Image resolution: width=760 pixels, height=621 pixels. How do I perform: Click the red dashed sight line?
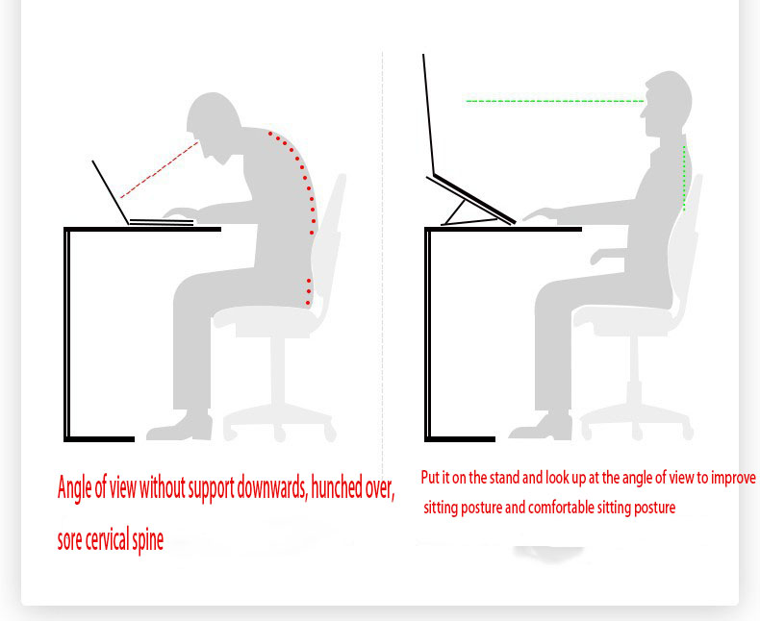pos(160,169)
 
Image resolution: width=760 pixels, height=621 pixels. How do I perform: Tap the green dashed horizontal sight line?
pos(555,101)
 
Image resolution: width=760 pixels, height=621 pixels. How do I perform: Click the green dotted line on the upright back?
pos(684,178)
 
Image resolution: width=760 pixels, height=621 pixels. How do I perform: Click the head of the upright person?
pos(667,103)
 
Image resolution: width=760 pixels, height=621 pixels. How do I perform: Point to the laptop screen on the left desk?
pos(111,192)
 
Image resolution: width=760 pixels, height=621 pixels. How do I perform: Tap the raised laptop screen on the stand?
pos(428,114)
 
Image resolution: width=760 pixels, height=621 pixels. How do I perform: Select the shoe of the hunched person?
pos(180,426)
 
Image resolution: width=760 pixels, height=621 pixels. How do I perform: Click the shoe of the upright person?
pos(541,427)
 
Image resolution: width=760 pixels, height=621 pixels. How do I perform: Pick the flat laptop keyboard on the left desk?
pos(162,222)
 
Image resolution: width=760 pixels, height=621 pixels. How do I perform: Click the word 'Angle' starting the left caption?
pos(75,487)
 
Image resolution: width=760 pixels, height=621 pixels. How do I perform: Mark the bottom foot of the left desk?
pos(99,439)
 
